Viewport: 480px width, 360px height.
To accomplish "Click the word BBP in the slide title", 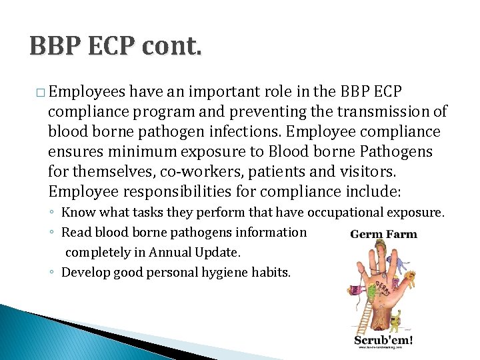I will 55,47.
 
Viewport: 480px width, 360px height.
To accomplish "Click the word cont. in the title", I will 170,47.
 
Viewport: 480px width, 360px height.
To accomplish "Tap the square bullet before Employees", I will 41,91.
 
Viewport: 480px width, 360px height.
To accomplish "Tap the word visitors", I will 369,171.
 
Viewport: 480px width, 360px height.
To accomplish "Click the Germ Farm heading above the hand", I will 383,234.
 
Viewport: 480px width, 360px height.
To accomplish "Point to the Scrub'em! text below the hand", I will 383,339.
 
